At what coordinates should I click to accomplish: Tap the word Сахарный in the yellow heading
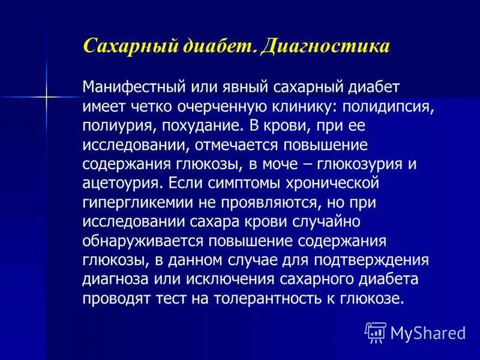(121, 46)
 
